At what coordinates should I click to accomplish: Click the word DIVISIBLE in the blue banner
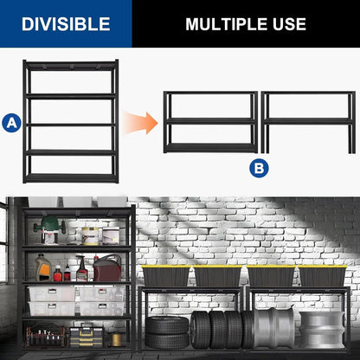[x=66, y=23]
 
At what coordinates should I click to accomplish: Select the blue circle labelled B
[x=259, y=168]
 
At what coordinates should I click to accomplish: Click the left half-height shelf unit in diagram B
[x=210, y=121]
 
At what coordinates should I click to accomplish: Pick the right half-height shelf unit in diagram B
[x=306, y=121]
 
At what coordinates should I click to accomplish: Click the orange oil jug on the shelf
[x=43, y=269]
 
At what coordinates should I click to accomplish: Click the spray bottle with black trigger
[x=83, y=267]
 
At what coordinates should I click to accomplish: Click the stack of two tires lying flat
[x=166, y=331]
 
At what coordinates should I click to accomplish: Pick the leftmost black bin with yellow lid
[x=165, y=276]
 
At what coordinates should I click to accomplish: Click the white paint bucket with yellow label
[x=90, y=235]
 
